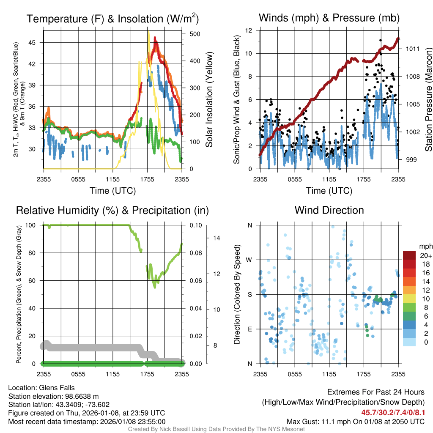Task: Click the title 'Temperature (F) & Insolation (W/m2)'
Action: [112, 19]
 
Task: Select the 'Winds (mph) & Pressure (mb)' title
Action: [329, 18]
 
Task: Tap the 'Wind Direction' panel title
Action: [329, 210]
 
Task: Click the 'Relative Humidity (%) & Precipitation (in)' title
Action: [112, 210]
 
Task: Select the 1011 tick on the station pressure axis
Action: [412, 49]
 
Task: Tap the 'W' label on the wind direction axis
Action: [249, 260]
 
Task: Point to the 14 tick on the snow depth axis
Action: [217, 238]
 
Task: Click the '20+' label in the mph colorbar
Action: [425, 255]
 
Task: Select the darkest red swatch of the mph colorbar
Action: [410, 255]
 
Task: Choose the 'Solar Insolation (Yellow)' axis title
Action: [209, 100]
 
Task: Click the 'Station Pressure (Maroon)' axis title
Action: [428, 100]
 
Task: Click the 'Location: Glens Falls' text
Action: [41, 388]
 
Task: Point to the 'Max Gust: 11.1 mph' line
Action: [355, 421]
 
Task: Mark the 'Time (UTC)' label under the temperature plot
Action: [112, 191]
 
